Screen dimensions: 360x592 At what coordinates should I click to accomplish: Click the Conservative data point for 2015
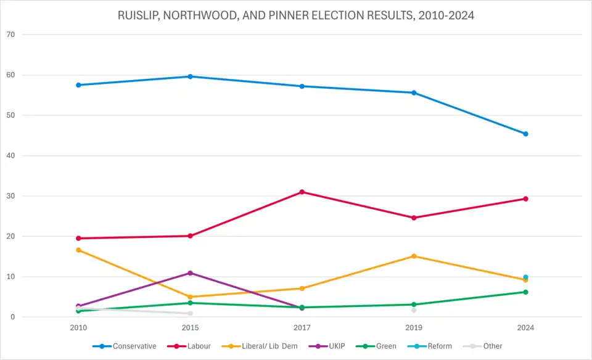(190, 76)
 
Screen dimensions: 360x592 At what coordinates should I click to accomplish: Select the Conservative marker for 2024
(525, 134)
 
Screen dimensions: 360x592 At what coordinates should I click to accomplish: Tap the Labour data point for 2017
(302, 192)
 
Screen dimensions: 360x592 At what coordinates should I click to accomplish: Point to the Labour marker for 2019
(414, 218)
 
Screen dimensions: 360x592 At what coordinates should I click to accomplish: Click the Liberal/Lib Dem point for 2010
(78, 250)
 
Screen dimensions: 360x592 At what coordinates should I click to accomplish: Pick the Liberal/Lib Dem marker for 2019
(414, 256)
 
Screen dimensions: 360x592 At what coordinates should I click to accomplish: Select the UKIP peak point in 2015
(190, 273)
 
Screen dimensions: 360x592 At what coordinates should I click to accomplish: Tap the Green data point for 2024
(525, 292)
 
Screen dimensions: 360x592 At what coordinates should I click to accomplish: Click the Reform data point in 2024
(525, 277)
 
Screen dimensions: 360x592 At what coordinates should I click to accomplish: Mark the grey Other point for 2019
(414, 310)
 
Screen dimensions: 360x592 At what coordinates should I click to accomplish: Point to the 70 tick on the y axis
(10, 35)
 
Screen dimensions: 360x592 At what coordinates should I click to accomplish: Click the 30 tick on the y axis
(10, 196)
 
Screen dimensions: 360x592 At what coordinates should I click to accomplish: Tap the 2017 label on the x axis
(302, 327)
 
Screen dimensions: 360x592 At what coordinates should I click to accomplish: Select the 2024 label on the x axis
(525, 327)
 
